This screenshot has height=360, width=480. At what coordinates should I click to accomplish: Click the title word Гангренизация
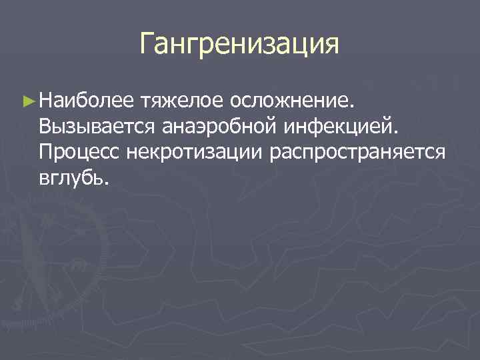click(239, 45)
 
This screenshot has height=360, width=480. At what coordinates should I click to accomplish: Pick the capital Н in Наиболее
click(46, 103)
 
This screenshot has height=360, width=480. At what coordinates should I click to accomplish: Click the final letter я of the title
click(331, 47)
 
